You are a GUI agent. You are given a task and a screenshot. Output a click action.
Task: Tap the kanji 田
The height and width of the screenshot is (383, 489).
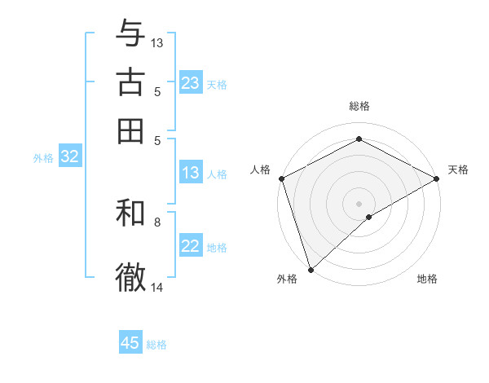pos(131,131)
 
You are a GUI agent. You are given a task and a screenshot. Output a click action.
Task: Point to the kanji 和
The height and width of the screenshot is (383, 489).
pos(131,214)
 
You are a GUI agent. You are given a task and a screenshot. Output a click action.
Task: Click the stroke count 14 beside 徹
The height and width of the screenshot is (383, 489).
pos(157,287)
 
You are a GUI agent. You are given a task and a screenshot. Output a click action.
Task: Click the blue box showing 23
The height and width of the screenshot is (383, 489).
pos(191,83)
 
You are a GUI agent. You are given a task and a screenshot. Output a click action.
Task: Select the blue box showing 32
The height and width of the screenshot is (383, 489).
pos(69,157)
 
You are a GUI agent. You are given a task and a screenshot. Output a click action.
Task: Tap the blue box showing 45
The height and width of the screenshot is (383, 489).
pos(130,343)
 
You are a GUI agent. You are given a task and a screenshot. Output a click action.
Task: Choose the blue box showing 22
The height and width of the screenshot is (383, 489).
pos(191,247)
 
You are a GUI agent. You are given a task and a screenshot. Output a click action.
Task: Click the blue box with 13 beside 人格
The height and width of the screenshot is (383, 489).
pos(191,173)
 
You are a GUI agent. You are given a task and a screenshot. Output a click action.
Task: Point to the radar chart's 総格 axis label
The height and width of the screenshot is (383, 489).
pos(359,106)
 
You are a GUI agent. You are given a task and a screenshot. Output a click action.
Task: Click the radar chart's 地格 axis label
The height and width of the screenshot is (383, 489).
pos(427,279)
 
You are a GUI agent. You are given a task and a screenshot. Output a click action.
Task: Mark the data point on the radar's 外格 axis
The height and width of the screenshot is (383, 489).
pos(311,269)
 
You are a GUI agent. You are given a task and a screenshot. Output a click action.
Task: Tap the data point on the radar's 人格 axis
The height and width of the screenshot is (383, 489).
pos(281,178)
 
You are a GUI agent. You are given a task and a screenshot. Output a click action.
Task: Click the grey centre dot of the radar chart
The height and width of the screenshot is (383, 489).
pos(359,203)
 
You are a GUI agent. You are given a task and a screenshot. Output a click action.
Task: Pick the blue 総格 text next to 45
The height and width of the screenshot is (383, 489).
pos(156,345)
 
